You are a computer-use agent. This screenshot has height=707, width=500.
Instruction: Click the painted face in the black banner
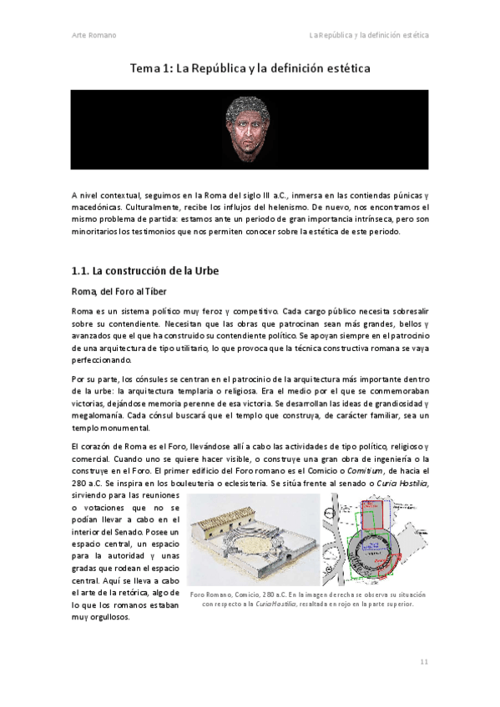[x=250, y=134]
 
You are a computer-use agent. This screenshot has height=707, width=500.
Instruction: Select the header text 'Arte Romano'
[x=93, y=36]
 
